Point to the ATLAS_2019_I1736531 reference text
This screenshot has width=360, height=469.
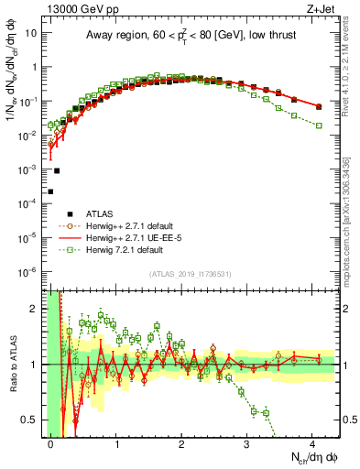point(191,274)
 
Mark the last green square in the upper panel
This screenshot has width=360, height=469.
point(319,125)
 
